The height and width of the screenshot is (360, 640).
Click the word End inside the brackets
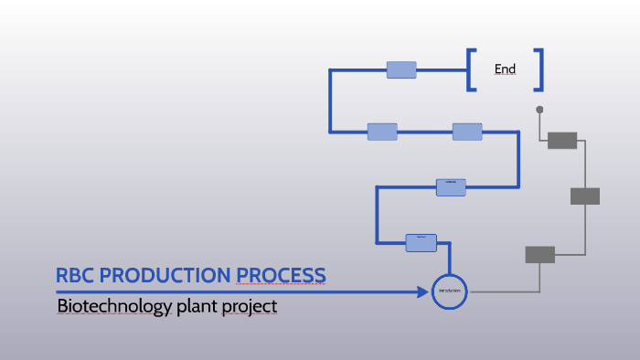pyautogui.click(x=505, y=69)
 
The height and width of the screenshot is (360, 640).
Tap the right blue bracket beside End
pyautogui.click(x=539, y=69)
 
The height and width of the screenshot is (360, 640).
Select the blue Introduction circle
pyautogui.click(x=449, y=291)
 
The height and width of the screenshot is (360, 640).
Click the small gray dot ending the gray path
pyautogui.click(x=539, y=110)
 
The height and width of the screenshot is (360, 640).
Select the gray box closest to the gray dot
pyautogui.click(x=562, y=140)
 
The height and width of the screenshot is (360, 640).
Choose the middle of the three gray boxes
pyautogui.click(x=585, y=196)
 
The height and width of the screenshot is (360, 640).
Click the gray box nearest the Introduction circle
pyautogui.click(x=539, y=254)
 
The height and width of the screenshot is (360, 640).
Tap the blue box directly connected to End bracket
pyautogui.click(x=401, y=69)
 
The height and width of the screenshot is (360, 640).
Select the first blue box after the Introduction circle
pyautogui.click(x=421, y=242)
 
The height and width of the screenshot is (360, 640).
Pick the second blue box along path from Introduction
pyautogui.click(x=451, y=186)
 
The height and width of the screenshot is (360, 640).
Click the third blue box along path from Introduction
pyautogui.click(x=467, y=132)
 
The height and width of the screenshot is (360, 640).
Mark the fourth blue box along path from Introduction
pyautogui.click(x=382, y=132)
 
